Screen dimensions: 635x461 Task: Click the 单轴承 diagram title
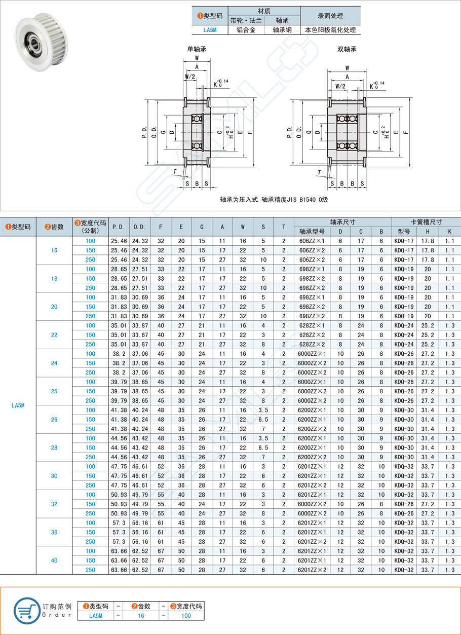pos(197,50)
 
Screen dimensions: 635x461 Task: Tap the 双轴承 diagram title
pos(347,50)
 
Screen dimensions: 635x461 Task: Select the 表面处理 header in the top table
pos(330,15)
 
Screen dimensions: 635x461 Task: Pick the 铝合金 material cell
pos(250,30)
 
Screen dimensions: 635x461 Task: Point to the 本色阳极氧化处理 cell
pos(330,30)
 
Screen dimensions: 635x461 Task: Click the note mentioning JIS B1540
pos(274,200)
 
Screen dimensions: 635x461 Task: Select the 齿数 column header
pos(54,227)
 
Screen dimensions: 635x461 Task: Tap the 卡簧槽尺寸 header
pos(426,222)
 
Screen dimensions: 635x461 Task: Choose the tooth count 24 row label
pos(54,363)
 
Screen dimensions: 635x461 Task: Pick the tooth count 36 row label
pos(54,532)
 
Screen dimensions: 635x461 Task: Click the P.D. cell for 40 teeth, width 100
pos(119,551)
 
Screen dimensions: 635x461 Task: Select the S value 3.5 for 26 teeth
pos(263,410)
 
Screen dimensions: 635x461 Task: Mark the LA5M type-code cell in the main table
pos(18,405)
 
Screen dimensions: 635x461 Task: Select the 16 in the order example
pos(141,616)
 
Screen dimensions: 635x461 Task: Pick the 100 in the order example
pos(186,616)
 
